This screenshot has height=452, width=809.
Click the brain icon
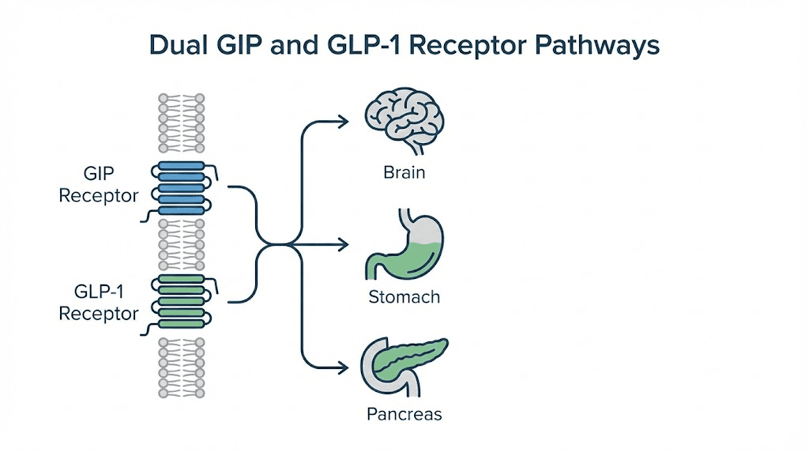[404, 122]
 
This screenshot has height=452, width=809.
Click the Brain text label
[404, 172]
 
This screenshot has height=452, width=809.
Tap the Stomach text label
[404, 298]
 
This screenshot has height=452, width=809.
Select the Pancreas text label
[404, 414]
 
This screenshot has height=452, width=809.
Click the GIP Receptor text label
[99, 184]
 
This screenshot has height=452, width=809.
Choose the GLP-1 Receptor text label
[99, 302]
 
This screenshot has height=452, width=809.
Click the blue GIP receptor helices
[182, 189]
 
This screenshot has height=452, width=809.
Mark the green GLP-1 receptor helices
[182, 302]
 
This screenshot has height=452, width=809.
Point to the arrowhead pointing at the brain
[343, 121]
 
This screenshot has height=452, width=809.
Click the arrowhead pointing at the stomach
[343, 245]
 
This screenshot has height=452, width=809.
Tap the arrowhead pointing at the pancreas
[343, 367]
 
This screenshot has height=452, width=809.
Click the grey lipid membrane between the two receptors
[182, 245]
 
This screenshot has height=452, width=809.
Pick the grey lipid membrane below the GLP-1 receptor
[182, 367]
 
